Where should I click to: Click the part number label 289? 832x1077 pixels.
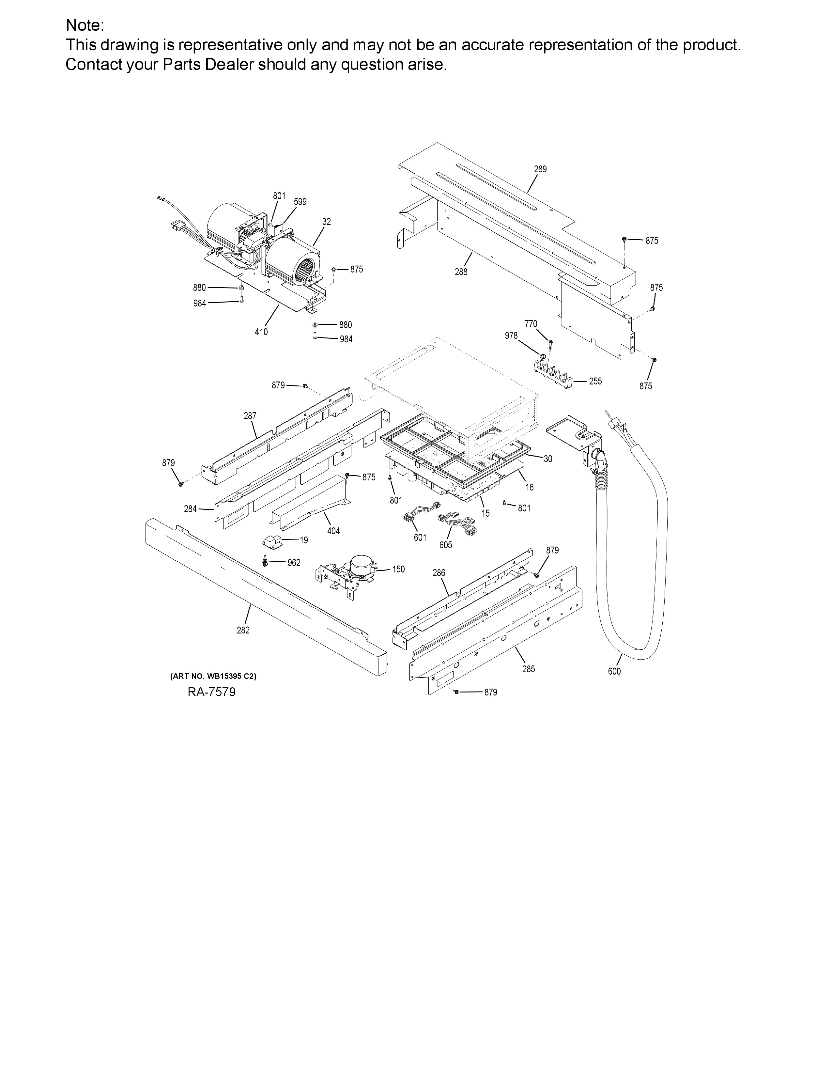point(540,169)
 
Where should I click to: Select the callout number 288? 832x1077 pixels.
point(461,272)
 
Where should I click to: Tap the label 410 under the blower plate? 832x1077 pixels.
point(261,332)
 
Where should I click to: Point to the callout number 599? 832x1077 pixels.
point(300,202)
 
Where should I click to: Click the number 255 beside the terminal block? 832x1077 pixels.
point(595,381)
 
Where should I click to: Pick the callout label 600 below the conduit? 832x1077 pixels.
point(614,671)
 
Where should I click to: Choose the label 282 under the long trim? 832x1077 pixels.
point(243,630)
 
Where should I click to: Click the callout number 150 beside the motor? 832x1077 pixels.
point(398,570)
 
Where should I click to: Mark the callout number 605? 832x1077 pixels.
point(446,545)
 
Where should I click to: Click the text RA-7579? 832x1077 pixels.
point(211,692)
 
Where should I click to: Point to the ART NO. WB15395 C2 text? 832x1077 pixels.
point(213,676)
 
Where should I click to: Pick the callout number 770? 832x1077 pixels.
point(531,324)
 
